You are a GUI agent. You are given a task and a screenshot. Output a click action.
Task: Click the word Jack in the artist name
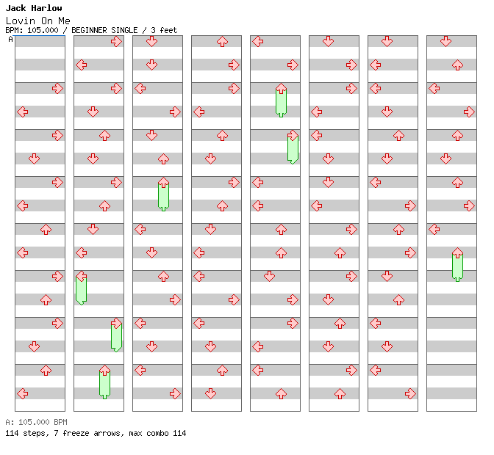pyautogui.click(x=15, y=8)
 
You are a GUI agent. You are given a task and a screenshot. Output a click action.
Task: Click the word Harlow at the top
pyautogui.click(x=46, y=8)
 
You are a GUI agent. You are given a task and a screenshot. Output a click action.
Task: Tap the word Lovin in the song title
pyautogui.click(x=18, y=20)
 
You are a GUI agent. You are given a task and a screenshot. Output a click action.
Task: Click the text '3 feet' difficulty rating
pyautogui.click(x=164, y=30)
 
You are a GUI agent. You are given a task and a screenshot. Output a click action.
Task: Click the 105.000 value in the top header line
pyautogui.click(x=42, y=30)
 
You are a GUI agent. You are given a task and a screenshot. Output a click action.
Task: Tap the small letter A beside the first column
pyautogui.click(x=10, y=40)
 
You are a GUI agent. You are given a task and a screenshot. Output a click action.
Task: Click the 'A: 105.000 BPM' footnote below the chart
pyautogui.click(x=36, y=423)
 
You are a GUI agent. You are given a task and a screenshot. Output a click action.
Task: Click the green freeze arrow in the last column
pyautogui.click(x=457, y=265)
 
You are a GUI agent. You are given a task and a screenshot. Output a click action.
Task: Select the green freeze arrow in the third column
pyautogui.click(x=163, y=194)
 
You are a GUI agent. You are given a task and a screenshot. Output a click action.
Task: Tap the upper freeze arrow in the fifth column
pyautogui.click(x=281, y=101)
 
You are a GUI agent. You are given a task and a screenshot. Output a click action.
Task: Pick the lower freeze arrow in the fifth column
pyautogui.click(x=293, y=148)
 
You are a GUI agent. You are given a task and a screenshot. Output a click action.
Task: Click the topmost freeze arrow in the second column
pyautogui.click(x=81, y=288)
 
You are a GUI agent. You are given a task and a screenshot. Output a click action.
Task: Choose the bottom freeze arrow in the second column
pyautogui.click(x=104, y=382)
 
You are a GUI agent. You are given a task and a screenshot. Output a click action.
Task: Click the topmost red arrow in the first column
pyautogui.click(x=57, y=88)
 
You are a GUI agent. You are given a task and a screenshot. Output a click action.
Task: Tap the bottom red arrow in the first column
pyautogui.click(x=22, y=393)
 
